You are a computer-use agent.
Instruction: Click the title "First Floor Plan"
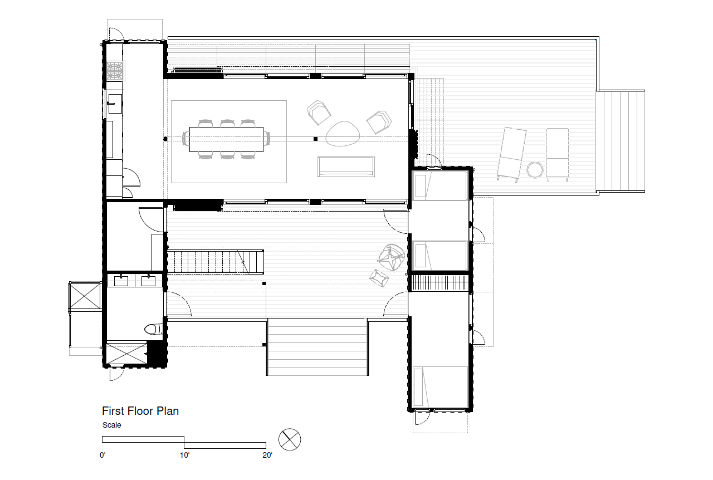[x=140, y=411]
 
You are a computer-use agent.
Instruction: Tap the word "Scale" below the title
[x=112, y=425]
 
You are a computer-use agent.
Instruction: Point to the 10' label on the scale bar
[x=184, y=455]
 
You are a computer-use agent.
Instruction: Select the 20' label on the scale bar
[x=267, y=455]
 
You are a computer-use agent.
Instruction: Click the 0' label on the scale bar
[x=102, y=455]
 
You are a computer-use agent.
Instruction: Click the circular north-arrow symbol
[x=290, y=439]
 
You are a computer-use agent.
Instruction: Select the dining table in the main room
[x=226, y=139]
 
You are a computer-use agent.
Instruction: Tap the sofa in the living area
[x=346, y=166]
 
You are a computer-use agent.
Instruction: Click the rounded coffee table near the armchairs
[x=343, y=134]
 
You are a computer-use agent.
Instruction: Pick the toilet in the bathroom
[x=154, y=329]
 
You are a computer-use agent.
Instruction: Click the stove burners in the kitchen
[x=115, y=71]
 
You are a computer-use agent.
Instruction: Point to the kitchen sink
[x=115, y=104]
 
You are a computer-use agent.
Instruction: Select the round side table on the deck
[x=535, y=170]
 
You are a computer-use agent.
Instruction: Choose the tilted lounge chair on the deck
[x=512, y=154]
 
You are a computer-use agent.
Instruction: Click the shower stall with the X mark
[x=126, y=353]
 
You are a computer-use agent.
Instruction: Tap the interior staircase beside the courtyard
[x=216, y=262]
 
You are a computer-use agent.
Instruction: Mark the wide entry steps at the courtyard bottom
[x=318, y=347]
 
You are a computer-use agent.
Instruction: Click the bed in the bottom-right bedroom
[x=440, y=387]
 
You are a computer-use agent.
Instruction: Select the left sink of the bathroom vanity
[x=121, y=281]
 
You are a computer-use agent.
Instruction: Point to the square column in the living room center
[x=315, y=139]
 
